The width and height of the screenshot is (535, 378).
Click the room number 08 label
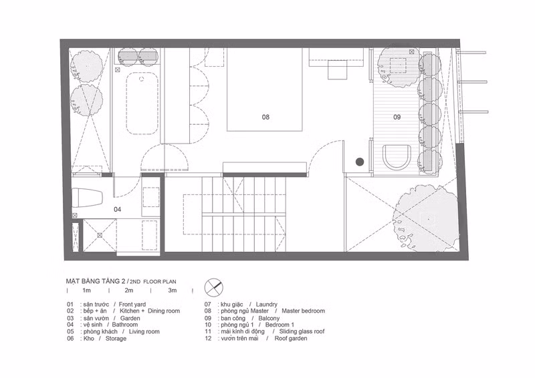pyautogui.click(x=265, y=118)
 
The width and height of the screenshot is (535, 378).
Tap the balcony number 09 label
pyautogui.click(x=397, y=118)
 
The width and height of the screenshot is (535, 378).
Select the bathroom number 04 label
pyautogui.click(x=118, y=209)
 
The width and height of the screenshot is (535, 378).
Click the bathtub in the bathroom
pyautogui.click(x=142, y=104)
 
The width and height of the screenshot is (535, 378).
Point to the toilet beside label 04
pyautogui.click(x=88, y=198)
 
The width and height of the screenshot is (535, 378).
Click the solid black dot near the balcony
pyautogui.click(x=360, y=162)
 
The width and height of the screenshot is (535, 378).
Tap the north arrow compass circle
pyautogui.click(x=213, y=287)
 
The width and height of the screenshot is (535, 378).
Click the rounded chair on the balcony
pyautogui.click(x=397, y=157)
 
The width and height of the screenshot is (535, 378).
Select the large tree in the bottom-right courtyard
pyautogui.click(x=425, y=218)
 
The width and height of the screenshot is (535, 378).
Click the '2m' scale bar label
pyautogui.click(x=128, y=291)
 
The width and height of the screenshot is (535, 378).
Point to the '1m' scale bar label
pyautogui.click(x=87, y=291)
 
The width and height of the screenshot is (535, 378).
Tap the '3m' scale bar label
pyautogui.click(x=173, y=291)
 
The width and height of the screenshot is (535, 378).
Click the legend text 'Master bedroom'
pyautogui.click(x=304, y=311)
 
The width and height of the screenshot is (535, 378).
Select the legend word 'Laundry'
pyautogui.click(x=266, y=305)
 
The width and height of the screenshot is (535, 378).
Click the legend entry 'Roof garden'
pyautogui.click(x=291, y=339)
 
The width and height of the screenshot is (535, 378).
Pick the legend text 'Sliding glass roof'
pyautogui.click(x=302, y=331)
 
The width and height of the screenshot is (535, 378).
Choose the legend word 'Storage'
pyautogui.click(x=116, y=339)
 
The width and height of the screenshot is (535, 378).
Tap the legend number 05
pyautogui.click(x=70, y=331)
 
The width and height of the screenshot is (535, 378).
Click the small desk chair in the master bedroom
pyautogui.click(x=338, y=69)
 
